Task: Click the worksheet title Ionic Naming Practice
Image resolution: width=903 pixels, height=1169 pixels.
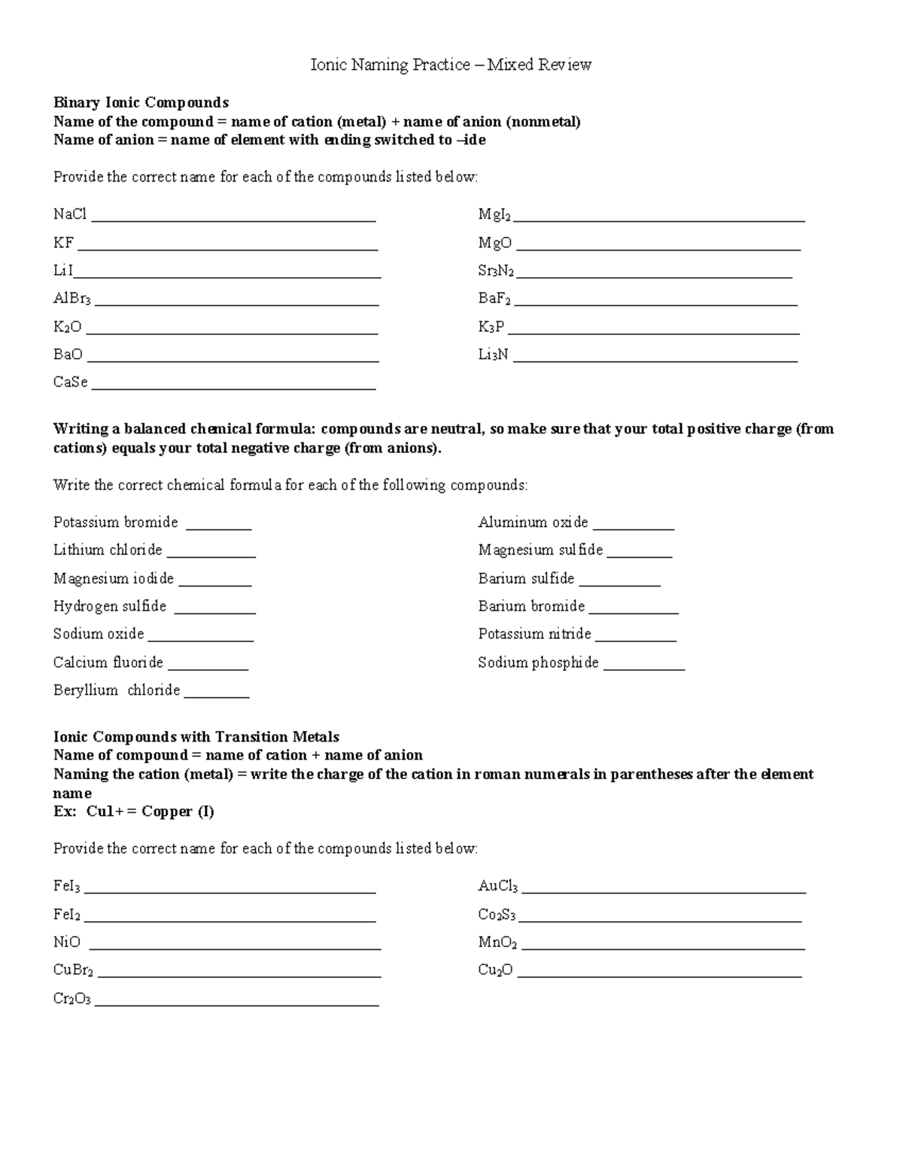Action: [451, 65]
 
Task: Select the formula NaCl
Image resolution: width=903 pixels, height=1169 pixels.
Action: [70, 215]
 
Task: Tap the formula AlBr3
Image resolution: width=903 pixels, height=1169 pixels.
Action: [72, 299]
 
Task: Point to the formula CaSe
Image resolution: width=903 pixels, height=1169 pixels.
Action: [71, 382]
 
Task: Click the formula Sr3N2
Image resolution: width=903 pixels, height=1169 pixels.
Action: [496, 271]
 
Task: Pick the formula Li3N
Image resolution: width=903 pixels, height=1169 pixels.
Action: [493, 355]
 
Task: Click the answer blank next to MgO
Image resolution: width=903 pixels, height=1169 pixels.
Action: [658, 248]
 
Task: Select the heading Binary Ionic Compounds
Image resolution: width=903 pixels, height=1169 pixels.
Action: [141, 102]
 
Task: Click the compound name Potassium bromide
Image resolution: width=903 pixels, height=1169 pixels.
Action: [116, 522]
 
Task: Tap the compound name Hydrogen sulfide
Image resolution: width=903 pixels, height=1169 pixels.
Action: [110, 606]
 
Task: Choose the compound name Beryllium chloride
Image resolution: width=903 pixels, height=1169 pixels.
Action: [117, 690]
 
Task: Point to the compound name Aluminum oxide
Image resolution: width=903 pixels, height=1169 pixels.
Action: [533, 522]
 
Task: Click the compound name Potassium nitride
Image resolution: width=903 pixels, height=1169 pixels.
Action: [534, 634]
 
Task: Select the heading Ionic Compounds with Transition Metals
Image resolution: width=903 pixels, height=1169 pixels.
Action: [196, 737]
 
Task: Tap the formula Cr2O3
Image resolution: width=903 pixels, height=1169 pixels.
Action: [72, 999]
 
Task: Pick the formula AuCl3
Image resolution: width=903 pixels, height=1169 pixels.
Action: [498, 887]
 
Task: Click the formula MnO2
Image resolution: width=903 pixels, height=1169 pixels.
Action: [497, 942]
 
